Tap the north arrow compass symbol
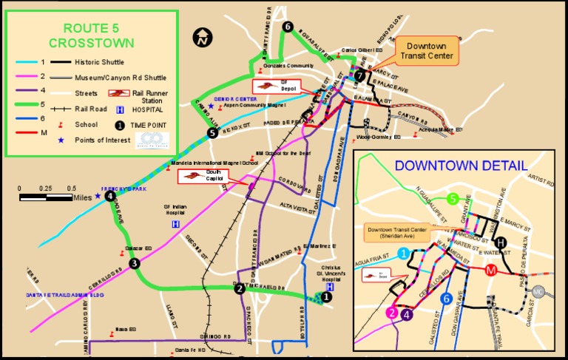pyautogui.click(x=201, y=37)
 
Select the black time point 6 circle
pyautogui.click(x=287, y=27)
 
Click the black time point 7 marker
pyautogui.click(x=359, y=75)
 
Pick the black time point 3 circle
pyautogui.click(x=134, y=263)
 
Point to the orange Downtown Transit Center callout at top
pyautogui.click(x=427, y=50)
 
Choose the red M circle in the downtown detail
pyautogui.click(x=490, y=271)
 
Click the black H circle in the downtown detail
pyautogui.click(x=501, y=242)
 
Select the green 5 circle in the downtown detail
pyautogui.click(x=453, y=198)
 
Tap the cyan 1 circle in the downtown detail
pyautogui.click(x=404, y=254)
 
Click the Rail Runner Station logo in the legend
pyautogui.click(x=118, y=94)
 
